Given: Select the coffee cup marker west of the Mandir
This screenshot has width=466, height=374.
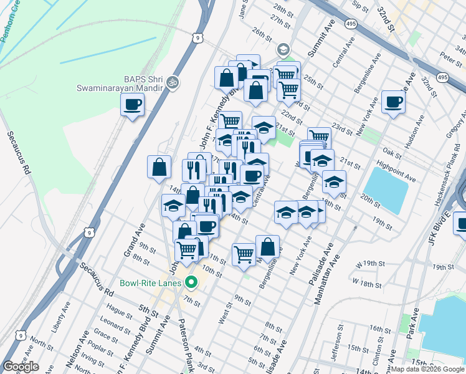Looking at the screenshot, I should [x=131, y=105].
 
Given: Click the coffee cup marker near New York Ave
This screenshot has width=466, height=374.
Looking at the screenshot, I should [x=393, y=102].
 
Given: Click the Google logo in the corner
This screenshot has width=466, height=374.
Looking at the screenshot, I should [x=21, y=367].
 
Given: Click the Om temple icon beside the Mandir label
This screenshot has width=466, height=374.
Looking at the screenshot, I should [x=174, y=82].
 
